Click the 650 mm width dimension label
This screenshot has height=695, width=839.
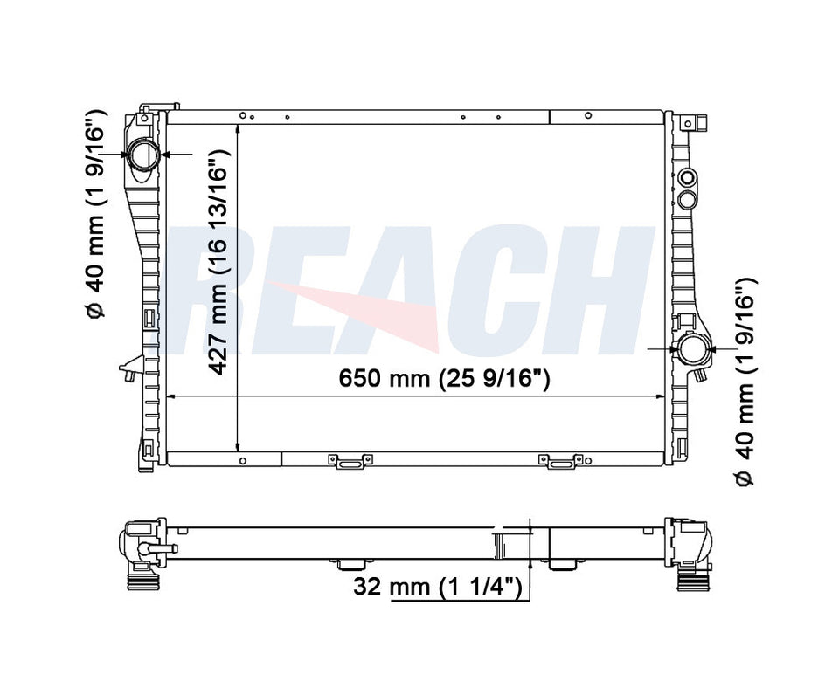pos(444,379)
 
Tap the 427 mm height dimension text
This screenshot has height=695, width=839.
pos(218,261)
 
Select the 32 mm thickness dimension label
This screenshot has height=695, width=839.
pos(437,587)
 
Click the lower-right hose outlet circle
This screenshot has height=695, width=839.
pos(695,349)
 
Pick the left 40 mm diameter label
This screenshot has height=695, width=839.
pos(96,215)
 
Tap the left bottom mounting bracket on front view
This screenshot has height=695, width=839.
pos(350,461)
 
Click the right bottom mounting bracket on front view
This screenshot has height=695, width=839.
pos(561,461)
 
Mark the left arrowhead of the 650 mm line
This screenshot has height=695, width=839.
pos(171,396)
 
